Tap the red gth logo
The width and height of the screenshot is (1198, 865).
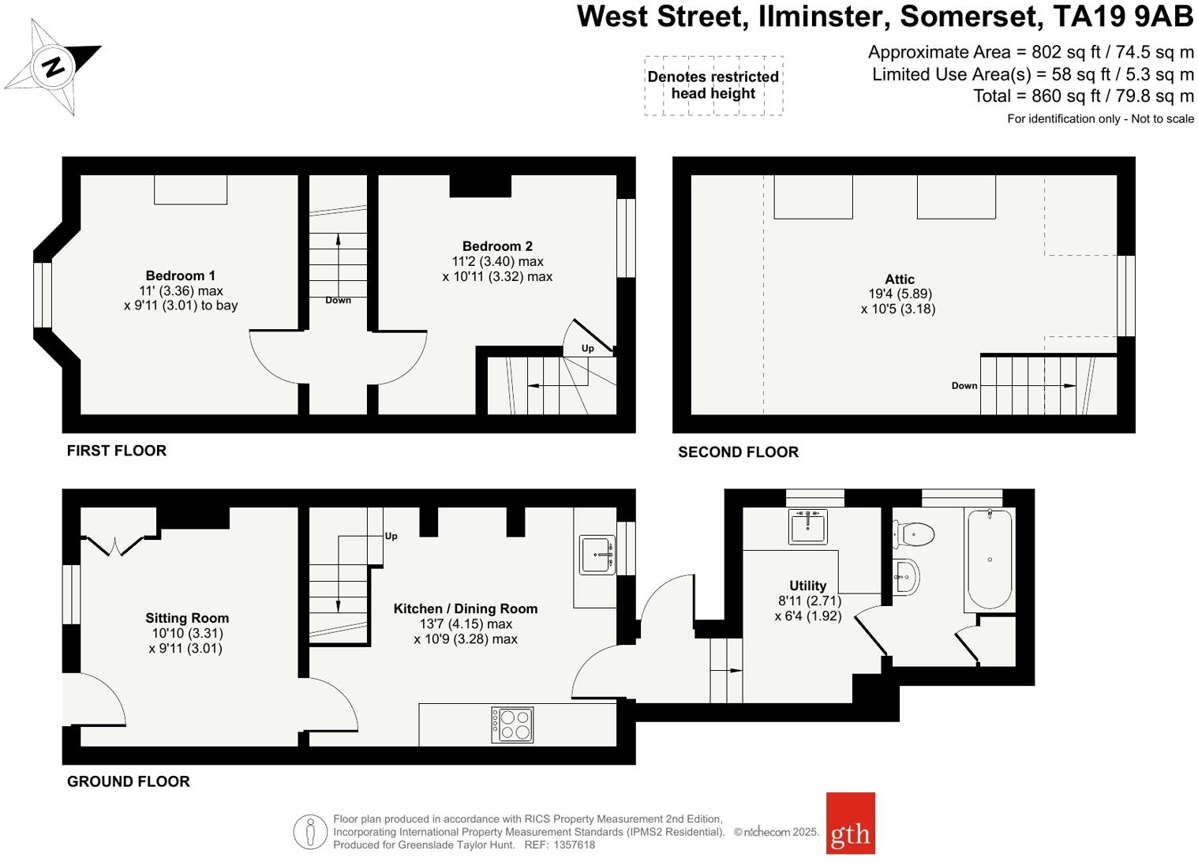tap(850, 823)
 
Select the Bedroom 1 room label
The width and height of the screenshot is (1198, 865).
tap(180, 275)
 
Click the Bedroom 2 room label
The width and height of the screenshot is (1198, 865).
tap(497, 246)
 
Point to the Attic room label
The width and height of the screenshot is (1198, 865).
tap(899, 279)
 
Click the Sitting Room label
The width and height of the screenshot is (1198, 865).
tap(187, 618)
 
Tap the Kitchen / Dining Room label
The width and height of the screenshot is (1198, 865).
tap(465, 608)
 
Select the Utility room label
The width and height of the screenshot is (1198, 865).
tap(807, 586)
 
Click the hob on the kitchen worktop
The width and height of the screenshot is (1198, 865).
tap(512, 725)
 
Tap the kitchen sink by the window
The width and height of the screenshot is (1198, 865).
tap(597, 555)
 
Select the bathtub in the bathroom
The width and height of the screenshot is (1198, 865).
tap(990, 559)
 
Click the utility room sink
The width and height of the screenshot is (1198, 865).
tap(807, 526)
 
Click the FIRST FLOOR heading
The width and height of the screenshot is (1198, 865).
tap(117, 451)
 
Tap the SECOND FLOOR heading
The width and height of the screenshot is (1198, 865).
tap(738, 452)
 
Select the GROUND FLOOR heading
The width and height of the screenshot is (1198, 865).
tap(129, 781)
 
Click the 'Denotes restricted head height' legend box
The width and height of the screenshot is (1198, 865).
tap(713, 85)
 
